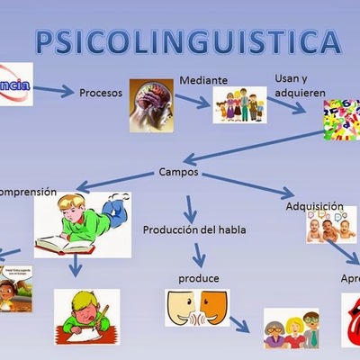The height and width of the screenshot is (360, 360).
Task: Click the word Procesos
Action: point(102,92)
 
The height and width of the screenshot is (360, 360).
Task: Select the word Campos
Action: point(177,171)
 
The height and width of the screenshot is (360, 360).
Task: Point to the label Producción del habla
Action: point(193,229)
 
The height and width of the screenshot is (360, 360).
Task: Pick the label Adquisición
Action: point(315,206)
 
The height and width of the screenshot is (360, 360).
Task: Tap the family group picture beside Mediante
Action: point(239,105)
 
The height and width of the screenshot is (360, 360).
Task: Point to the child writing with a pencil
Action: point(84,310)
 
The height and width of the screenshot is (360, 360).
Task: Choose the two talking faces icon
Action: point(196,309)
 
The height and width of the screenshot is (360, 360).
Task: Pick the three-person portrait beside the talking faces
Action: point(291,328)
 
